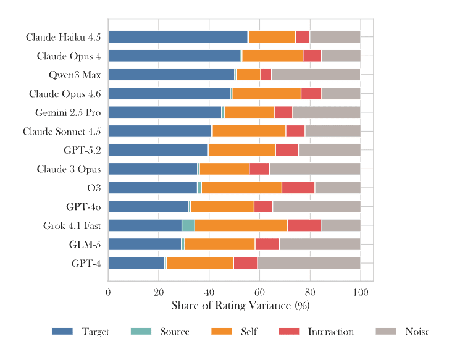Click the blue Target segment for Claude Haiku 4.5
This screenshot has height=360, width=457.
tap(178, 37)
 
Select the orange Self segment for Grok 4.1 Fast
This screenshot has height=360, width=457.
tap(241, 225)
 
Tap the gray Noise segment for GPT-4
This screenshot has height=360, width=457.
tap(309, 263)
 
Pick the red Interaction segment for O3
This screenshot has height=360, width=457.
tap(298, 188)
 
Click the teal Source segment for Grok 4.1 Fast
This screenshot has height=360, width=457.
tap(188, 225)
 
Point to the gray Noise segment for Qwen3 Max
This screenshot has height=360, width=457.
tap(316, 75)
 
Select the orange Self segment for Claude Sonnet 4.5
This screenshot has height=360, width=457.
tap(249, 131)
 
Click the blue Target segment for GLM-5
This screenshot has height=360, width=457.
tap(145, 245)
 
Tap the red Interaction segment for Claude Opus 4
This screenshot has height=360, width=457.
tap(312, 56)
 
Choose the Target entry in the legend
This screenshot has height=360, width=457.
tap(80, 332)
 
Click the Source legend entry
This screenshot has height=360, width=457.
tap(160, 332)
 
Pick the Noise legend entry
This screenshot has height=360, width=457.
tap(402, 332)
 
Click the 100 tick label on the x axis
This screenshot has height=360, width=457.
tap(361, 291)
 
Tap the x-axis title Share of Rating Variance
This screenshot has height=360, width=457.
tap(240, 306)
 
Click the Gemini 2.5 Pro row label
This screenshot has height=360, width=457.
tap(68, 112)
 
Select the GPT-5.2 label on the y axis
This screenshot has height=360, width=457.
tap(82, 150)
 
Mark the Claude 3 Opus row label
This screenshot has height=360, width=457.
tap(69, 169)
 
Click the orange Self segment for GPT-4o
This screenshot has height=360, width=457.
tap(222, 207)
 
